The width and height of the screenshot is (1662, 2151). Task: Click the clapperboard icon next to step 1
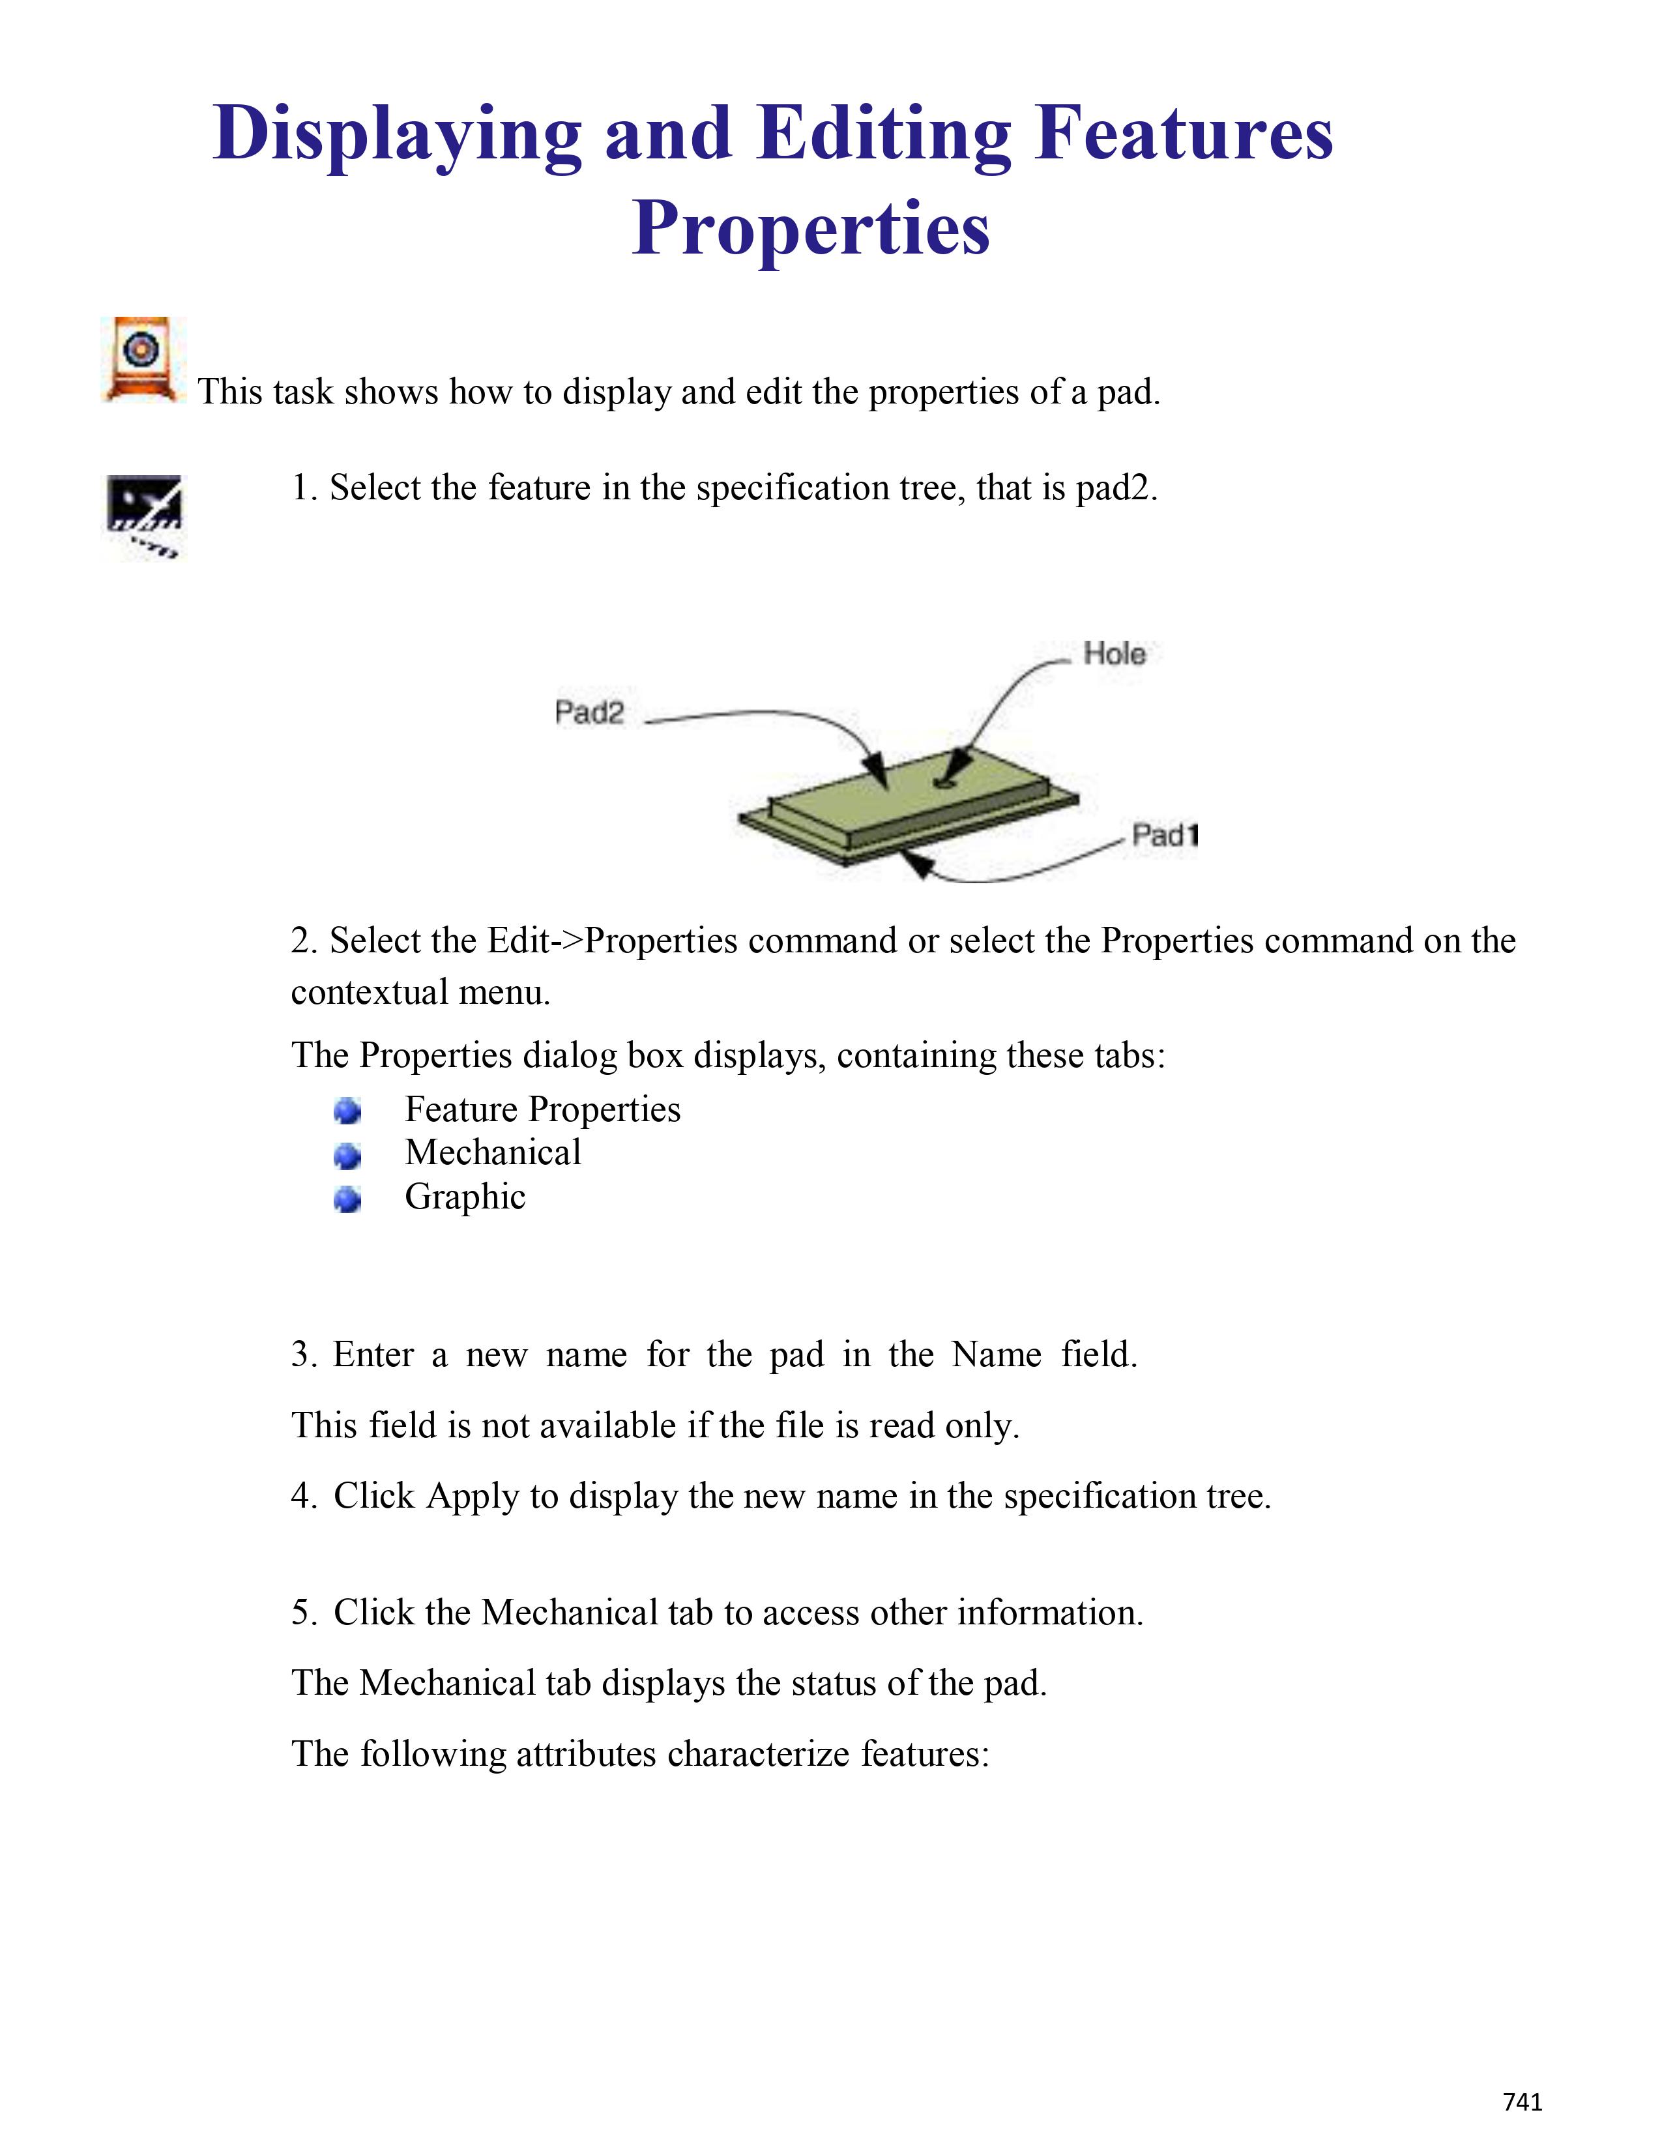[144, 516]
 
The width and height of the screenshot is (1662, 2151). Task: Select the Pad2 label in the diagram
[589, 712]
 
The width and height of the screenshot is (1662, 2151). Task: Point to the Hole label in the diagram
[1114, 653]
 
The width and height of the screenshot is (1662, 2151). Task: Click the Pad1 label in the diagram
[1165, 835]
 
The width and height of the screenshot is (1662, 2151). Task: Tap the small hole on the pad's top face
[945, 783]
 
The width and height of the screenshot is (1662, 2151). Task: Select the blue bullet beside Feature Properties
[347, 1111]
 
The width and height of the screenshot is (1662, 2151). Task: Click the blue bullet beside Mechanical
[347, 1154]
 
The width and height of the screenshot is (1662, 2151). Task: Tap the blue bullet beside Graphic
[347, 1199]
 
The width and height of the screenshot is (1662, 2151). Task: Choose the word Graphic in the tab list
[465, 1197]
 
